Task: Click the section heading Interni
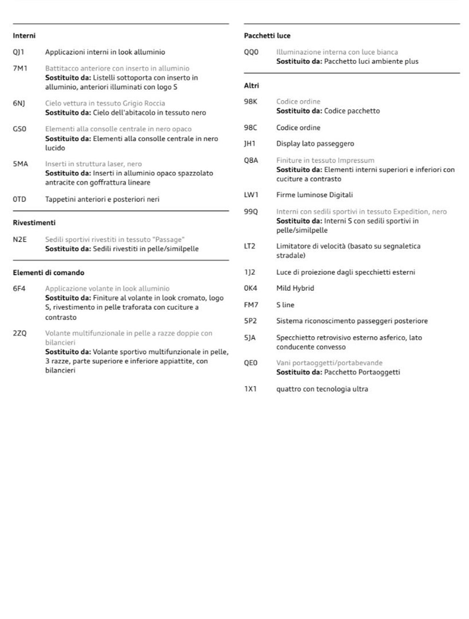[24, 36]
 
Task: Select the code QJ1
[18, 52]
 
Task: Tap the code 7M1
[20, 68]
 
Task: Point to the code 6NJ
[19, 103]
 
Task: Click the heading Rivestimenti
[34, 223]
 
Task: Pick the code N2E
[20, 240]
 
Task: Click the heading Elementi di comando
[48, 273]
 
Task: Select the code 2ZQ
[20, 333]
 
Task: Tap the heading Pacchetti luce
[267, 36]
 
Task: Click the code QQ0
[251, 52]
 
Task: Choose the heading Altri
[251, 85]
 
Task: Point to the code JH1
[250, 144]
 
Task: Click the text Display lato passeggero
[315, 144]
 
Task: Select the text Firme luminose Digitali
[314, 195]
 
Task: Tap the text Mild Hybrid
[295, 288]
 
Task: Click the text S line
[285, 305]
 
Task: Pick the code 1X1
[250, 389]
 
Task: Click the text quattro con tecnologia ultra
[322, 389]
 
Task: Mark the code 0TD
[19, 199]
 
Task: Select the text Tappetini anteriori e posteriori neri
[102, 199]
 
